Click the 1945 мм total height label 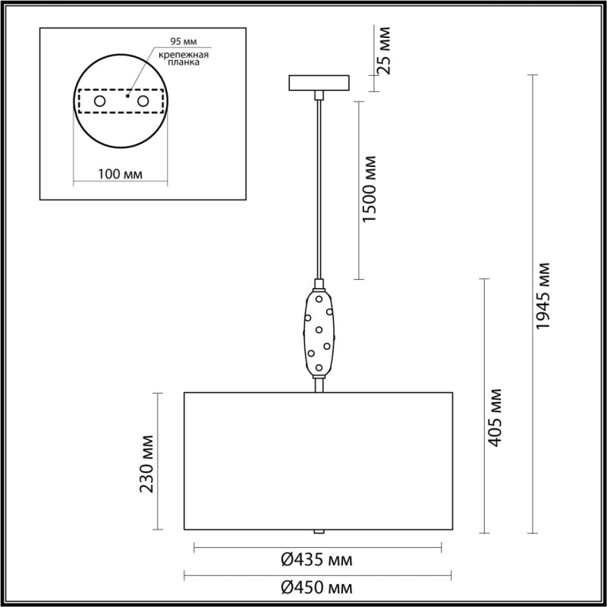point(543,297)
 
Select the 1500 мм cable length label point(370,190)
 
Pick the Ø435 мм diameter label point(317,561)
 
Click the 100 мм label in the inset point(121,175)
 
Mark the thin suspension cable point(319,190)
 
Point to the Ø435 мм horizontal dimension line point(228,546)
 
